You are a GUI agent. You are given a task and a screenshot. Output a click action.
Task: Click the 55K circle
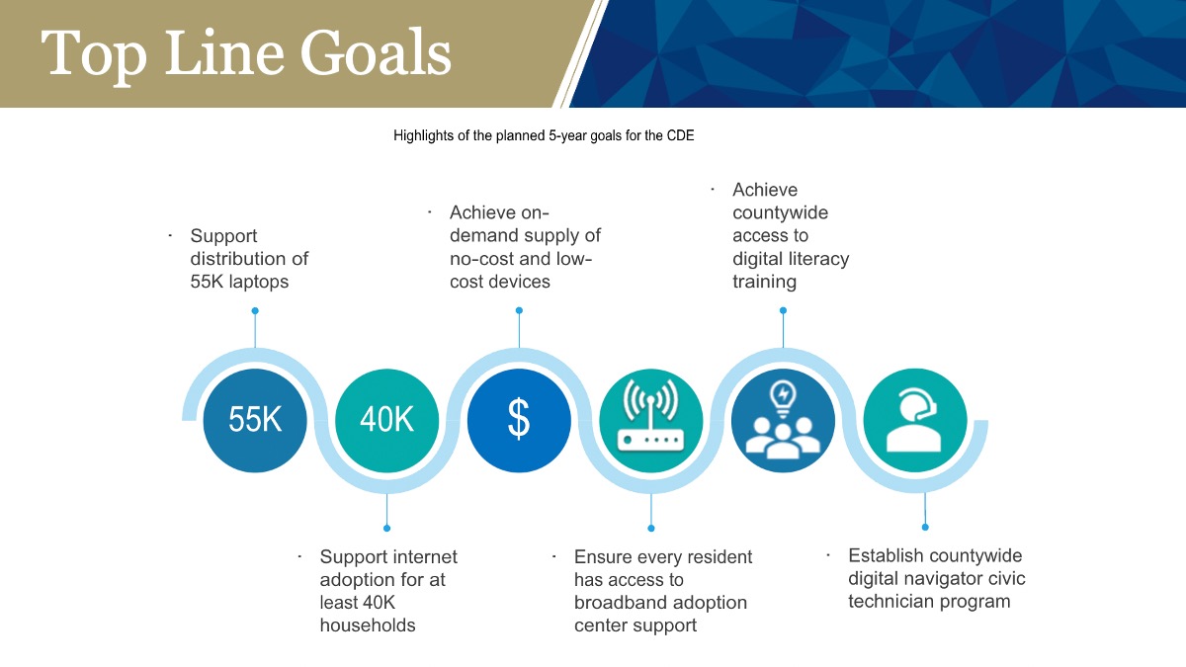255,420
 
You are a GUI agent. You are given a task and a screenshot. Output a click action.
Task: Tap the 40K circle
387,420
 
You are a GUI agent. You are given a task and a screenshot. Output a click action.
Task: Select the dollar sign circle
519,420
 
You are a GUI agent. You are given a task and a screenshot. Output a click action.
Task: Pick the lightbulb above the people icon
783,398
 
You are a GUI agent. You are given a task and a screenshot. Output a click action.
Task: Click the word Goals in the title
376,53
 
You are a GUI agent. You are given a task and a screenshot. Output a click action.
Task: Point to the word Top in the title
94,57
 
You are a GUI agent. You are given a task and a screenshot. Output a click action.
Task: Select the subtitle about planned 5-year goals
544,135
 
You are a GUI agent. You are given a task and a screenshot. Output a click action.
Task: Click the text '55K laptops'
239,281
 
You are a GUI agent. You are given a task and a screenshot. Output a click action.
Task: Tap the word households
368,625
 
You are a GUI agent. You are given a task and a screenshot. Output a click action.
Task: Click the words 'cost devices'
500,281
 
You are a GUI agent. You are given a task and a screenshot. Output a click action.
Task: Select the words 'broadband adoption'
660,603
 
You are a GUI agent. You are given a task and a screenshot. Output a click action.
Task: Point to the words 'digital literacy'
791,258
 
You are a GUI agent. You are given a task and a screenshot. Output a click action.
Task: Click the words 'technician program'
929,602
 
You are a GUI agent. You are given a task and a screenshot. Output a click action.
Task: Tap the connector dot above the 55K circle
255,310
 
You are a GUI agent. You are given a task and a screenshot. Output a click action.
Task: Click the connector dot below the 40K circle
387,528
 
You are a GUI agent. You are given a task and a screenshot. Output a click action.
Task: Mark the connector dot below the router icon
651,528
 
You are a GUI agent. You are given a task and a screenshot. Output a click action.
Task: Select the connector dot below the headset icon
925,528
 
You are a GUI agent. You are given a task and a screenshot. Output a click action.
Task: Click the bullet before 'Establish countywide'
828,555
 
